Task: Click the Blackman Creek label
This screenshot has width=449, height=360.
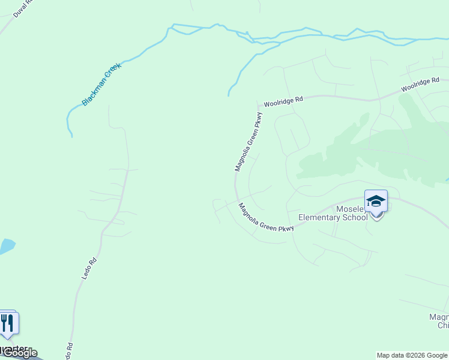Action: pos(101,85)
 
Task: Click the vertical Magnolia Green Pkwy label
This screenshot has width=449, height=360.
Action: pos(249,142)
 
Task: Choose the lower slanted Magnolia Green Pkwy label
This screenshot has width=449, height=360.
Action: pos(267,218)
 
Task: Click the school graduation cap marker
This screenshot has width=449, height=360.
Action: pos(376,201)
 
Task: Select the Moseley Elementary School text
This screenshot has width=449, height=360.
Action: pos(333,213)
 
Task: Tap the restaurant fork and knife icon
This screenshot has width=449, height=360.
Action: pos(7,323)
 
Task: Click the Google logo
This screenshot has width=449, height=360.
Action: pos(20,353)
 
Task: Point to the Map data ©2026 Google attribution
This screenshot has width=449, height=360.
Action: pos(412,355)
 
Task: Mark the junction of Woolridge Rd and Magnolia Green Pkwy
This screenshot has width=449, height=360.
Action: pos(258,106)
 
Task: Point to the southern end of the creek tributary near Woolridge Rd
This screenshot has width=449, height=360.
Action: pos(229,95)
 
